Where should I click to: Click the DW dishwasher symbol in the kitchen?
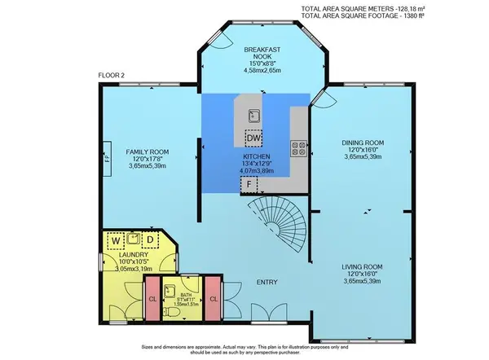point(255,137)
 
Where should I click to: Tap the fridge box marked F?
point(246,185)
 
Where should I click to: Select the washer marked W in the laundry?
point(117,240)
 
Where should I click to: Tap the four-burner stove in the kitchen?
point(299,149)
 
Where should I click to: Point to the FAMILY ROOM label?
point(147,151)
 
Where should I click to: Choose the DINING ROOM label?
point(362,143)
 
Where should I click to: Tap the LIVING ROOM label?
point(362,267)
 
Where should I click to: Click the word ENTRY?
point(267,283)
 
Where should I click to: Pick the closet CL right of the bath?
point(214,299)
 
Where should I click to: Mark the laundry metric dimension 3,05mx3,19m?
point(134,266)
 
